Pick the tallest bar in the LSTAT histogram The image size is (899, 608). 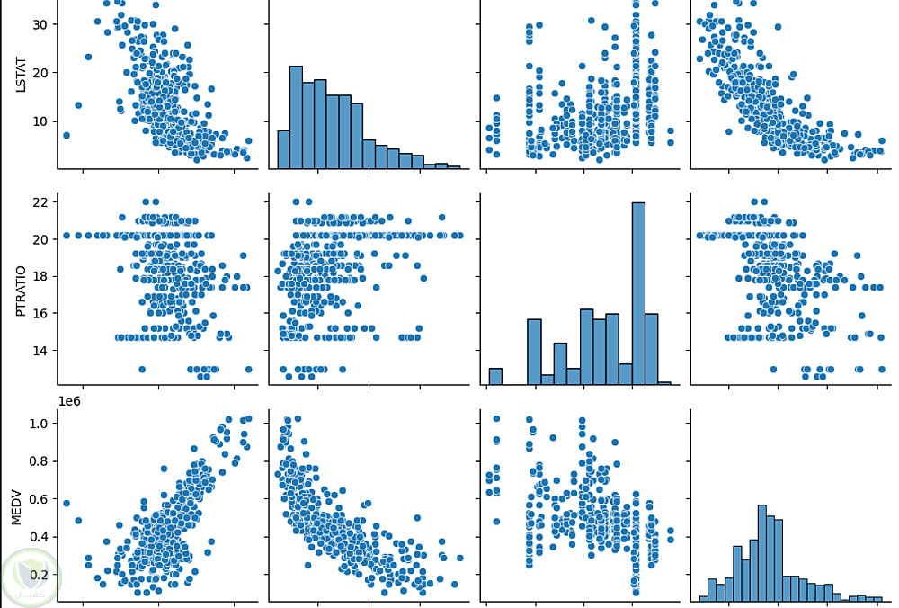tap(296, 117)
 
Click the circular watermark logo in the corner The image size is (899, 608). tap(30, 577)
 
